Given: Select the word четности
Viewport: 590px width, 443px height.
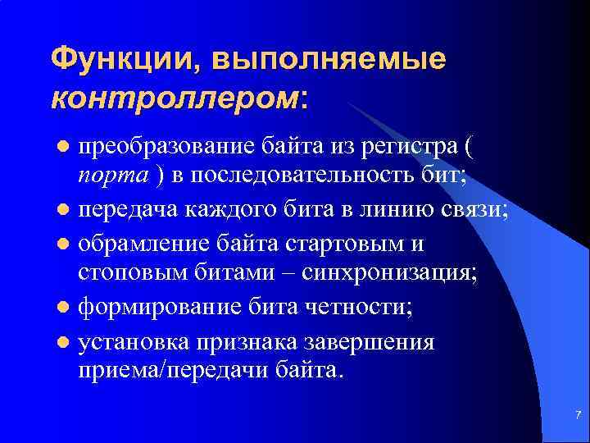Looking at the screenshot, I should (x=360, y=308).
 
